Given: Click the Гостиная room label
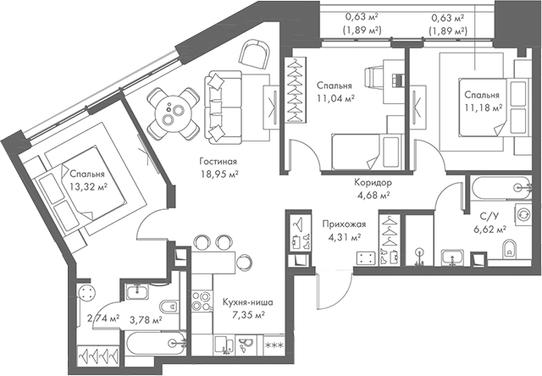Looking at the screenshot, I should pyautogui.click(x=218, y=161).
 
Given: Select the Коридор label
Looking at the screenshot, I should pyautogui.click(x=373, y=182).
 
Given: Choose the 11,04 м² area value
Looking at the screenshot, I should pyautogui.click(x=335, y=98).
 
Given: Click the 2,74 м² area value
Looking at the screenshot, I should pyautogui.click(x=102, y=318).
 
